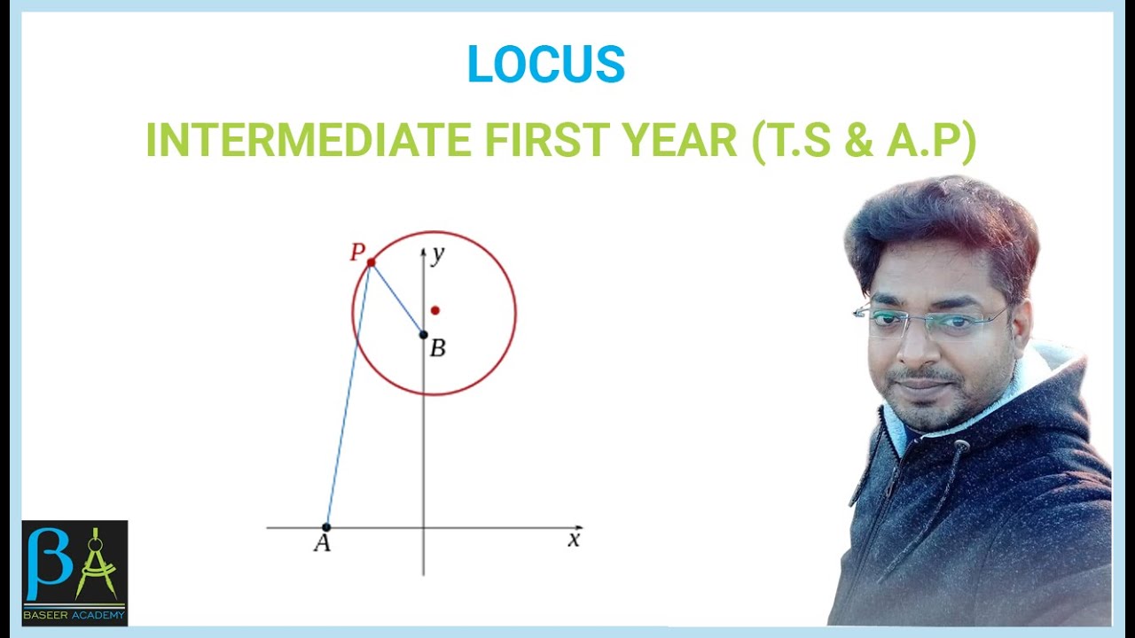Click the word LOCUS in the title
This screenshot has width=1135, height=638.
(x=545, y=65)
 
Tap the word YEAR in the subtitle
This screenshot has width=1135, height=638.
(x=682, y=140)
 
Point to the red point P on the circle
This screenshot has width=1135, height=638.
(x=371, y=262)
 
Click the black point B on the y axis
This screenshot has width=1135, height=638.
(x=424, y=334)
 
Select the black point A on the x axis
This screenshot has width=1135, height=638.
(x=326, y=527)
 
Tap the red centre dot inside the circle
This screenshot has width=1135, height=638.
(x=434, y=310)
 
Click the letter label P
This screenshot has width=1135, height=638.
(x=356, y=253)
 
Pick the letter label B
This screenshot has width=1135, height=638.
(x=437, y=348)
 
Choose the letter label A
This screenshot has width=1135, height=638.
(x=322, y=543)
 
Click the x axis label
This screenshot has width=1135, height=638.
(x=574, y=539)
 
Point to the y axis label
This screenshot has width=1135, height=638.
(x=437, y=255)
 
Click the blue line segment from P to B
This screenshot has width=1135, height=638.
(x=397, y=299)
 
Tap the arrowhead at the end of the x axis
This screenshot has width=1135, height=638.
(x=579, y=527)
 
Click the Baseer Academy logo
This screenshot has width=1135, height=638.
(x=74, y=572)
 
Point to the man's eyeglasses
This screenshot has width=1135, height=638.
(x=931, y=321)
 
